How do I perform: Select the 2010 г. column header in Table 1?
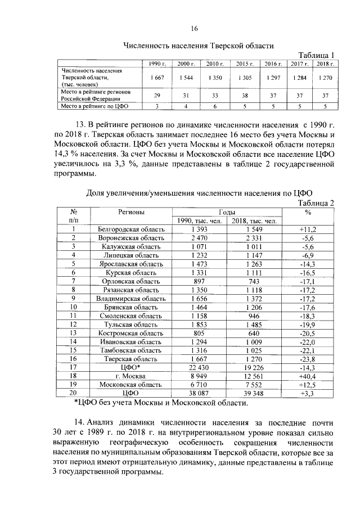(x=215, y=64)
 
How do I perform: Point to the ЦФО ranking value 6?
(x=215, y=105)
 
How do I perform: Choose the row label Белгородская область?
(x=131, y=229)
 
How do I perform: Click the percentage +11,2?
(x=308, y=229)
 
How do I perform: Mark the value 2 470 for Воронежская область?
(x=200, y=238)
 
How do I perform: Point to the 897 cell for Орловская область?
(x=200, y=281)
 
